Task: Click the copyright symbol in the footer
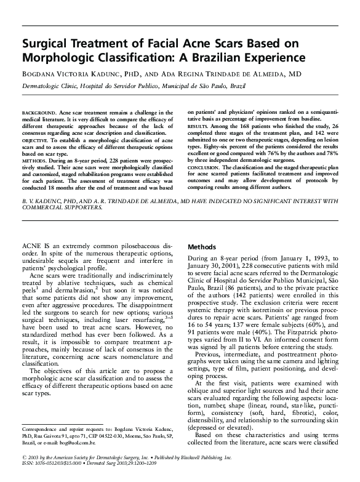tap(24, 459)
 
